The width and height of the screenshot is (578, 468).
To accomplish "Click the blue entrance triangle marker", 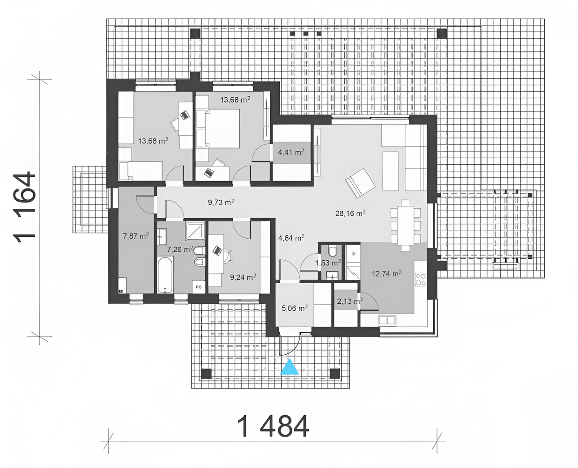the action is pyautogui.click(x=289, y=367).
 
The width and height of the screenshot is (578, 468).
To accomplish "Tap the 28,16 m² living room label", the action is pyautogui.click(x=350, y=213).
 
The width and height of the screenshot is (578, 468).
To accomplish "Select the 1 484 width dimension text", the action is pyautogui.click(x=273, y=426).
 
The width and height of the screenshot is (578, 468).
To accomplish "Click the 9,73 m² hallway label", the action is pyautogui.click(x=221, y=202).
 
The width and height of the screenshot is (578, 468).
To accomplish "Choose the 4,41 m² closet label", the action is pyautogui.click(x=291, y=152).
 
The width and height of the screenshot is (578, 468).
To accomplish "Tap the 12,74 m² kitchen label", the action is pyautogui.click(x=387, y=274).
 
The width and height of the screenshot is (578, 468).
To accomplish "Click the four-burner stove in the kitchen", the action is pyautogui.click(x=421, y=279).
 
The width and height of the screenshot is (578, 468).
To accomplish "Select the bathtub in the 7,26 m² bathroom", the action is pyautogui.click(x=165, y=275).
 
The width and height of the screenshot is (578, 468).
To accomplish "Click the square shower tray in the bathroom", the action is pyautogui.click(x=195, y=231).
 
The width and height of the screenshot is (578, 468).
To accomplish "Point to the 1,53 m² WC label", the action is pyautogui.click(x=328, y=263).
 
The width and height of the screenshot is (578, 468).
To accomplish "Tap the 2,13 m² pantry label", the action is pyautogui.click(x=350, y=301).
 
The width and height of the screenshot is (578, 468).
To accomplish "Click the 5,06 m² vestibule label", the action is pyautogui.click(x=295, y=308).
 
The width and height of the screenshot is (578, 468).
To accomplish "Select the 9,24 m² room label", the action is pyautogui.click(x=243, y=277).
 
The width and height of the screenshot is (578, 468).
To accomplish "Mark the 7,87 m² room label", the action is pyautogui.click(x=136, y=236).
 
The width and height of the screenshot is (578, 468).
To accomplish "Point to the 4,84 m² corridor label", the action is pyautogui.click(x=291, y=238).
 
